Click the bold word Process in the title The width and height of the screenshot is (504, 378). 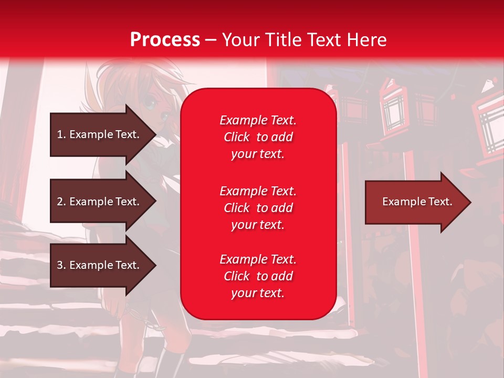point(165,40)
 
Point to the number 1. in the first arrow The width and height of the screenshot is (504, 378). point(61,134)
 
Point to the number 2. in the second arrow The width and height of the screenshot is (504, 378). point(61,202)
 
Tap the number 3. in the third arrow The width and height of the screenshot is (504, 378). point(61,265)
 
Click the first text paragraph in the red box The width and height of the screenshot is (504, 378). point(258,137)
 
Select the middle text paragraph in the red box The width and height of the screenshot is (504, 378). point(258,208)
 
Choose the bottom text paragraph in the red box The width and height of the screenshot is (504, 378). point(258,276)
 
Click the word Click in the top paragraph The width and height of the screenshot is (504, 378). point(237,137)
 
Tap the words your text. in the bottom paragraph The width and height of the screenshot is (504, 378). point(258,293)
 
